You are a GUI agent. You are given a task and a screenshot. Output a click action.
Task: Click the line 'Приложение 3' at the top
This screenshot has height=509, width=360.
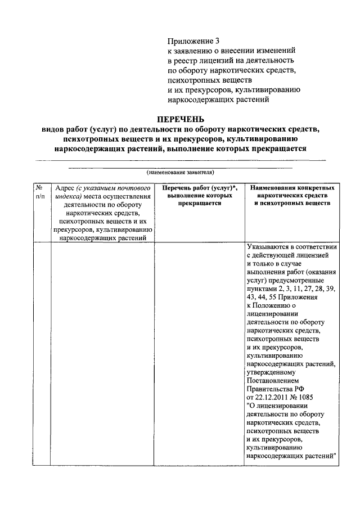tap(193, 40)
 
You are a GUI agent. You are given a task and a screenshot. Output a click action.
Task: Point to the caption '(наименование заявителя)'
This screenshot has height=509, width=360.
tap(181, 172)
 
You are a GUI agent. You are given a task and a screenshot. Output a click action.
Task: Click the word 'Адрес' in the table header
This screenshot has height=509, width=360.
tap(63, 187)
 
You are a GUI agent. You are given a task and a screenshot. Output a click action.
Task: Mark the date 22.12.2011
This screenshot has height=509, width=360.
tap(274, 397)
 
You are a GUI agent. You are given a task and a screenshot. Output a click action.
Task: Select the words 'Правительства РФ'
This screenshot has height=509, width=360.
tap(275, 388)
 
